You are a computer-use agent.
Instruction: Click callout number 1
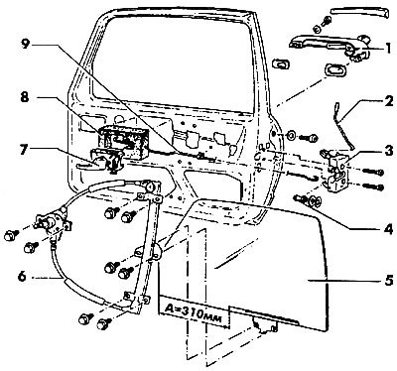387,49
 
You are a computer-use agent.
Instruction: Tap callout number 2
389,101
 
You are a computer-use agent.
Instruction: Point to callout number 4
389,229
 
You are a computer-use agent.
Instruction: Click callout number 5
389,280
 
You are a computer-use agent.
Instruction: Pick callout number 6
22,277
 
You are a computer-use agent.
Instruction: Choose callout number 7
24,150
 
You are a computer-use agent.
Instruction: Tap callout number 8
25,98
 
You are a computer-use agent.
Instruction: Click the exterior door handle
331,47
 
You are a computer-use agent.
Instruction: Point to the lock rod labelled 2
343,126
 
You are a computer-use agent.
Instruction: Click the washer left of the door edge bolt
292,136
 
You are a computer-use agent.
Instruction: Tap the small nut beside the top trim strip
317,29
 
